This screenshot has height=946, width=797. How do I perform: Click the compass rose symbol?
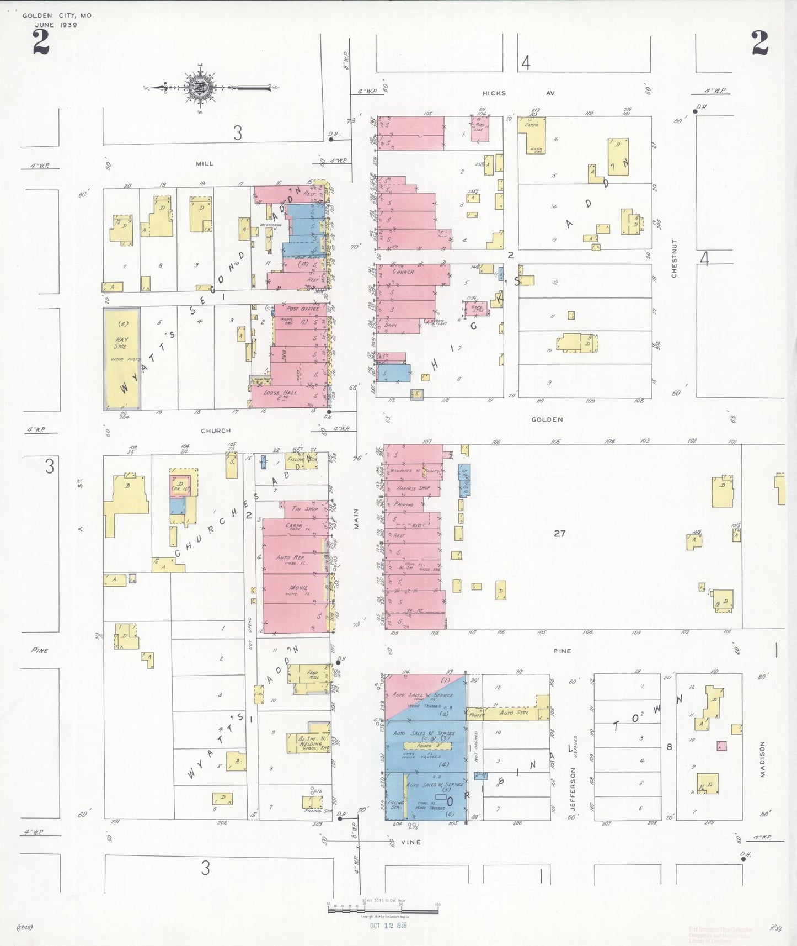coord(198,88)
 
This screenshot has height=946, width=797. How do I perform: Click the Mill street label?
coord(204,163)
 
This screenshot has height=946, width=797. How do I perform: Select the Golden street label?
coord(547,419)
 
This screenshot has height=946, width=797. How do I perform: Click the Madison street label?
coord(763,759)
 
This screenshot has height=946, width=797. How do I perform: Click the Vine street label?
coord(410,842)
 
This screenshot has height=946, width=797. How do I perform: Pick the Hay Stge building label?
coord(121,343)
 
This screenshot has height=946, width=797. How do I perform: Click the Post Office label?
coord(302,309)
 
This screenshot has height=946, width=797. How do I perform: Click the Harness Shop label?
coord(413,488)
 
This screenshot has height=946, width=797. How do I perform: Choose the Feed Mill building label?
coord(312,674)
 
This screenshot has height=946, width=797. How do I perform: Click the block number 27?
coord(559,533)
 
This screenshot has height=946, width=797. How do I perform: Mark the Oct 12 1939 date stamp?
coord(388,926)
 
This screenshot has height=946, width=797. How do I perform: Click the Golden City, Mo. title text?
coord(58,15)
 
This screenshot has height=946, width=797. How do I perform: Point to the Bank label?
coord(391,326)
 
